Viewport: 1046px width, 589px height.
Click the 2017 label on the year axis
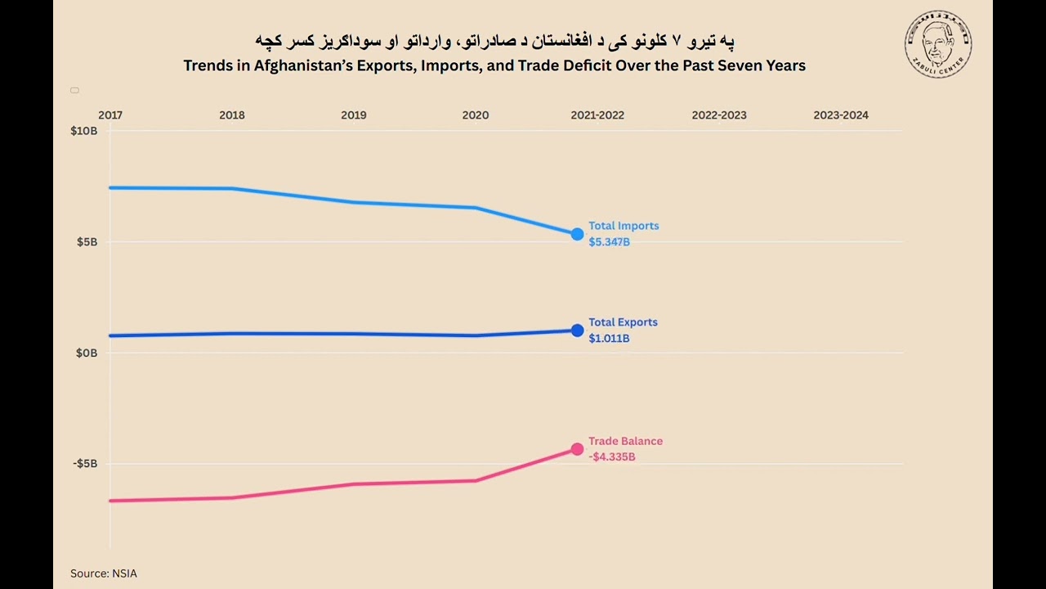point(110,115)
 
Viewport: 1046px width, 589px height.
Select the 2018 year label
point(232,115)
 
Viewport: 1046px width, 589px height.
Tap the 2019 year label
point(353,115)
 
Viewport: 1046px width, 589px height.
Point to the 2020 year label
point(475,115)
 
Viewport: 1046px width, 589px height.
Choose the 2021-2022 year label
point(597,115)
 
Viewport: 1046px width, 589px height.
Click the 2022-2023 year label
point(719,115)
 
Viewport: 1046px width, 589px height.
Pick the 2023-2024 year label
point(841,115)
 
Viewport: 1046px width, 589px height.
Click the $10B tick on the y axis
point(84,131)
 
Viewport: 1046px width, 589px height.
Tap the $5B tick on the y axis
point(87,242)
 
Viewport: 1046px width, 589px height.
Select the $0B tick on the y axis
point(87,353)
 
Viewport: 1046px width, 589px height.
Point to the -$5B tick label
point(85,464)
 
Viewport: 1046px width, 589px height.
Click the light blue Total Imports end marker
point(577,235)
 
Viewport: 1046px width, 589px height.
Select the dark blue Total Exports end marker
point(577,330)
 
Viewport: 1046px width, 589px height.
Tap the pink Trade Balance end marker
point(577,449)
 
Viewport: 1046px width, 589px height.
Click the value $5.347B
point(609,242)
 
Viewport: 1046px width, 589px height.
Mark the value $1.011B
point(609,339)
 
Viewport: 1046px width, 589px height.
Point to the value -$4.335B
point(611,457)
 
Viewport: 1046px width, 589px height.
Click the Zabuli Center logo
point(938,44)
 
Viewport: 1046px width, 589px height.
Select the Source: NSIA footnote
point(103,573)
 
